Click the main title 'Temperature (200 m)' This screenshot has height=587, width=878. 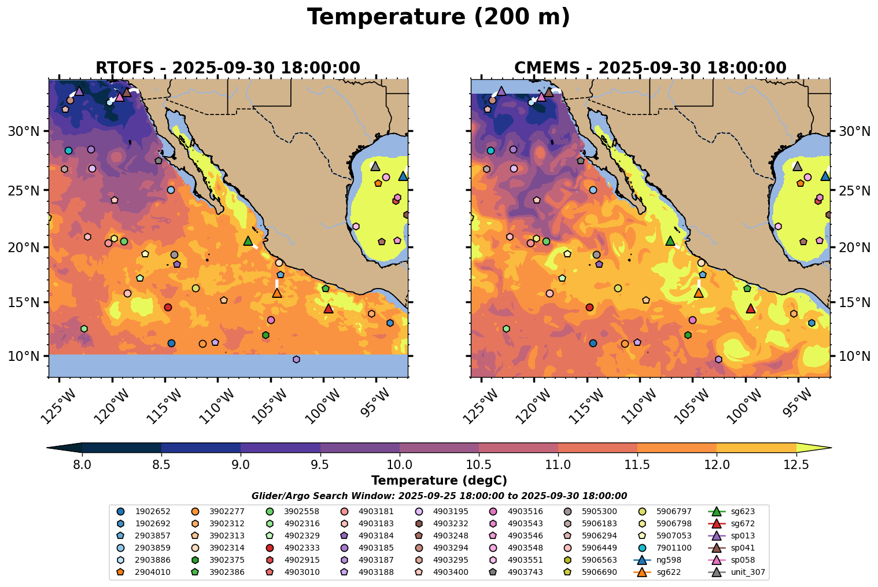tap(438, 17)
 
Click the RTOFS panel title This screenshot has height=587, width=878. tap(227, 68)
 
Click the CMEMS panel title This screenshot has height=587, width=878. tap(650, 68)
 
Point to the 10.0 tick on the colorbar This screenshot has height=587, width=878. tap(399, 464)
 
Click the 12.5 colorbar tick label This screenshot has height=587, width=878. tap(796, 464)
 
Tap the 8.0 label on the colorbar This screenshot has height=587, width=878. tap(82, 464)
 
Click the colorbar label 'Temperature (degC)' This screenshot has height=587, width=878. tap(439, 481)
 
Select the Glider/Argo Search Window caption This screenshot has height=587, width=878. tap(439, 496)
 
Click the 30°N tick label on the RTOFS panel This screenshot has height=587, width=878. tap(24, 131)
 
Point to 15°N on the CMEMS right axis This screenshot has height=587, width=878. tap(854, 302)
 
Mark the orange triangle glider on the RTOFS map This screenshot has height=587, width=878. tap(277, 293)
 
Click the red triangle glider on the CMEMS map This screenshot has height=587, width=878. tap(751, 309)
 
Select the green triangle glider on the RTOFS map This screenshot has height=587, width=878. tap(248, 241)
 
